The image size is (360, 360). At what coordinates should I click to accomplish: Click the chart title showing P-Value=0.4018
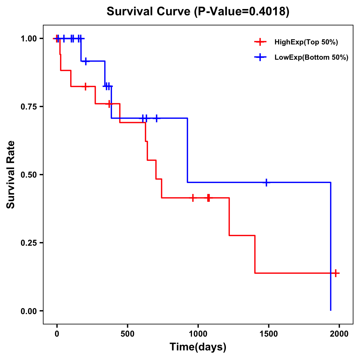tap(198, 12)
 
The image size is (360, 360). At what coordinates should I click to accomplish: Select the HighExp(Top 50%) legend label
tap(306, 42)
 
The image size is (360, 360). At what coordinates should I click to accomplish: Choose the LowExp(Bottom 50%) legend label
tap(311, 58)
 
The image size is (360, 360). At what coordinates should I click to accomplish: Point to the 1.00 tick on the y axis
tap(28, 39)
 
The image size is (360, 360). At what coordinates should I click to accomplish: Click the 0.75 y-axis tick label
tap(28, 107)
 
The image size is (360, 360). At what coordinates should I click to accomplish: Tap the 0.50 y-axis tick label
tap(28, 175)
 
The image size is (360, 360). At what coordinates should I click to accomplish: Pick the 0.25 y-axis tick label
tap(28, 243)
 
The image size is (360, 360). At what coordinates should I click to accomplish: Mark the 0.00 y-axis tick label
tap(28, 311)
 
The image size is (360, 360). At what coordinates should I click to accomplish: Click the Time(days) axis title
tap(198, 347)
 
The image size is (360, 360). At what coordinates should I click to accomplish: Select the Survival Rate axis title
tap(11, 175)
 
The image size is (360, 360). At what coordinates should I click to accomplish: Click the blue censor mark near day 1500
tap(266, 182)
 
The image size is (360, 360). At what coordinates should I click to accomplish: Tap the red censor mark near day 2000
tap(336, 273)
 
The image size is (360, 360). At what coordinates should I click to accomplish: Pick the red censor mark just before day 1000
tap(193, 198)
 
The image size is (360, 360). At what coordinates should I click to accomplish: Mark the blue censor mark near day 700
tap(156, 118)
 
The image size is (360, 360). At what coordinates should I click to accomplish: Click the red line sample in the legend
tap(260, 42)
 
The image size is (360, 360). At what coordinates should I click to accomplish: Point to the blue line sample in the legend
tap(260, 58)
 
